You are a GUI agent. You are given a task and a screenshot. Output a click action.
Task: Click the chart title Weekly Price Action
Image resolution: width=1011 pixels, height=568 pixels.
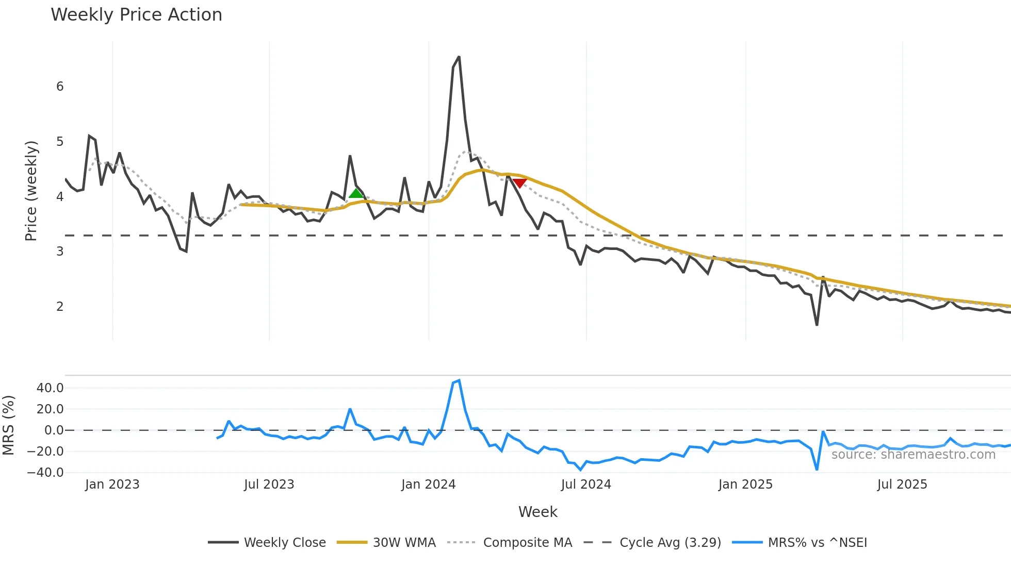coord(136,15)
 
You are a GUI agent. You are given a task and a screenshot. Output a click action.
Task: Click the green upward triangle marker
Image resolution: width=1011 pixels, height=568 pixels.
coord(356,193)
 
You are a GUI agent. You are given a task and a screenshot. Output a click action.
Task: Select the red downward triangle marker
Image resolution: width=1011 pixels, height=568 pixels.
coord(519,183)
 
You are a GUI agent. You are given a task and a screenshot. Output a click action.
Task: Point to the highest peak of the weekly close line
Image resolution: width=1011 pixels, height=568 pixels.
coord(459,57)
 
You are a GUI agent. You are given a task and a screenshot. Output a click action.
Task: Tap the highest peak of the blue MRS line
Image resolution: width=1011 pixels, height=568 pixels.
coord(459,381)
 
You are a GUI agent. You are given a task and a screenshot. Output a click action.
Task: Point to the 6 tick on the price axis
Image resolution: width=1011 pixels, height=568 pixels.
coord(60,87)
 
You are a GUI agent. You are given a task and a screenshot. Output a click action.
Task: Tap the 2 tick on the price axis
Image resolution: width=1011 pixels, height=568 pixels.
coord(60,307)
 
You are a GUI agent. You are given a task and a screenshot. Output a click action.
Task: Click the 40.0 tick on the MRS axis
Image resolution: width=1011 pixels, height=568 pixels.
coord(50,388)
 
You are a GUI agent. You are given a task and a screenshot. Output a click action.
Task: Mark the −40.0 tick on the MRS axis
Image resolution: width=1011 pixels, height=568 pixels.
coord(46,473)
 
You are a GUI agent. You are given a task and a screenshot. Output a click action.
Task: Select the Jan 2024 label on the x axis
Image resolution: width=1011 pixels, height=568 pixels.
coord(428,485)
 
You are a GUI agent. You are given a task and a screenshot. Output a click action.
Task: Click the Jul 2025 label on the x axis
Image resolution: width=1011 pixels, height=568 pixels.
coord(902,485)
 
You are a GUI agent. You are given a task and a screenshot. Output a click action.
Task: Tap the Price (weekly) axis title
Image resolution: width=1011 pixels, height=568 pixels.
coord(31,191)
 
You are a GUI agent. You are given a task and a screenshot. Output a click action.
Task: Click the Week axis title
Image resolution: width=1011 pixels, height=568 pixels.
coord(537,512)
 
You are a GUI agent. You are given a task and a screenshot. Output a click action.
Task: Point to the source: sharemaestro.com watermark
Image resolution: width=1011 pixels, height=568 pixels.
coord(913,455)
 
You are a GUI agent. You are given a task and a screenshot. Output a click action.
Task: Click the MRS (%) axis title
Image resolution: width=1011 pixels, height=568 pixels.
coord(8,425)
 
